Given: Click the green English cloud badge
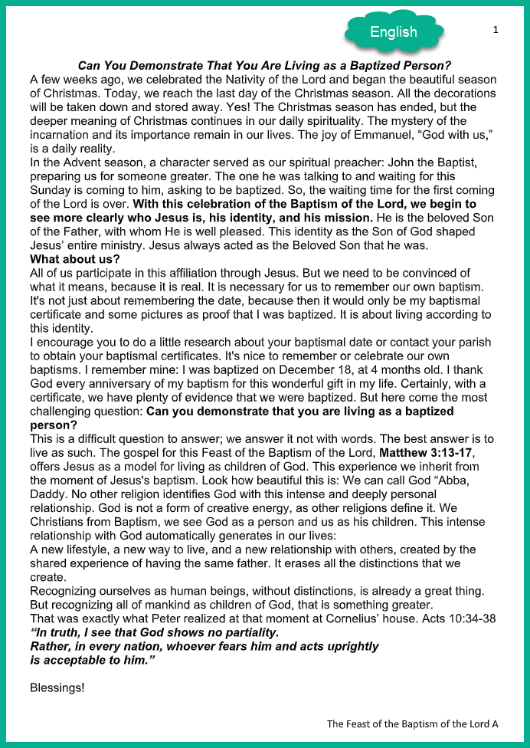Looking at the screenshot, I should (394, 31).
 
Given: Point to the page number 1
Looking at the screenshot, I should (496, 29).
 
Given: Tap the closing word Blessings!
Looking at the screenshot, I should (57, 687).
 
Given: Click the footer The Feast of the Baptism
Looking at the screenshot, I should (412, 723).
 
